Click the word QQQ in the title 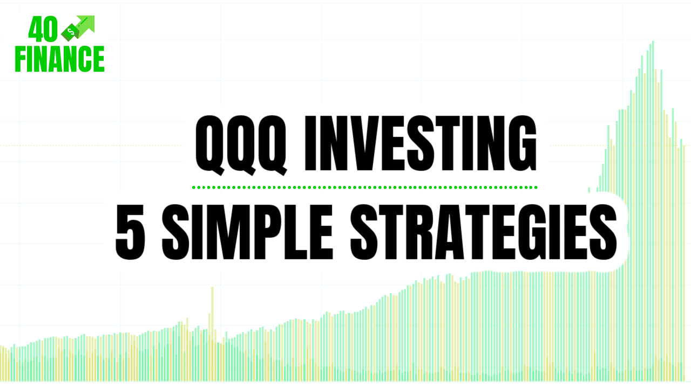(x=241, y=144)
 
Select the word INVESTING (x=421, y=144)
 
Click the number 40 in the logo (x=43, y=31)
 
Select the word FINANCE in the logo (x=60, y=59)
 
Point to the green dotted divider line (x=364, y=188)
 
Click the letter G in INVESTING (x=521, y=144)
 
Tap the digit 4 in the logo (x=36, y=31)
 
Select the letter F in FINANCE (x=22, y=59)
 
